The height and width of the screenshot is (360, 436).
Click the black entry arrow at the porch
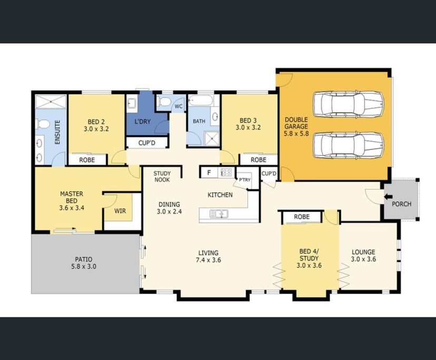point(389,197)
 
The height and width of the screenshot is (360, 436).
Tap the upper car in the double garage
point(348,104)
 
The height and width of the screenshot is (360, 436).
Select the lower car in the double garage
point(348,145)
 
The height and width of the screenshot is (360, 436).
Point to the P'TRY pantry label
point(245,179)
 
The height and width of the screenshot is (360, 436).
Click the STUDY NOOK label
point(162,176)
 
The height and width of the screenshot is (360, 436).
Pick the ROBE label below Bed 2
point(87,159)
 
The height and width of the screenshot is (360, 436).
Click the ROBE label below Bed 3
point(258,159)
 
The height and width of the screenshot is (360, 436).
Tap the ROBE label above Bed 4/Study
point(302,216)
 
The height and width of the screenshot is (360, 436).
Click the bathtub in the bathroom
point(200,100)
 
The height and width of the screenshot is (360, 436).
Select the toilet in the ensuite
point(44,125)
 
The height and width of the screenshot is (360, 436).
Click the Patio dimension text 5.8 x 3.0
point(83,267)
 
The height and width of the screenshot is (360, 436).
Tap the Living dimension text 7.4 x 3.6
point(209,261)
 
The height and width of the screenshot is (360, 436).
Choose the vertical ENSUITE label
point(57,133)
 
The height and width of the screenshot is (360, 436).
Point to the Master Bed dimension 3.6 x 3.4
point(72,207)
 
